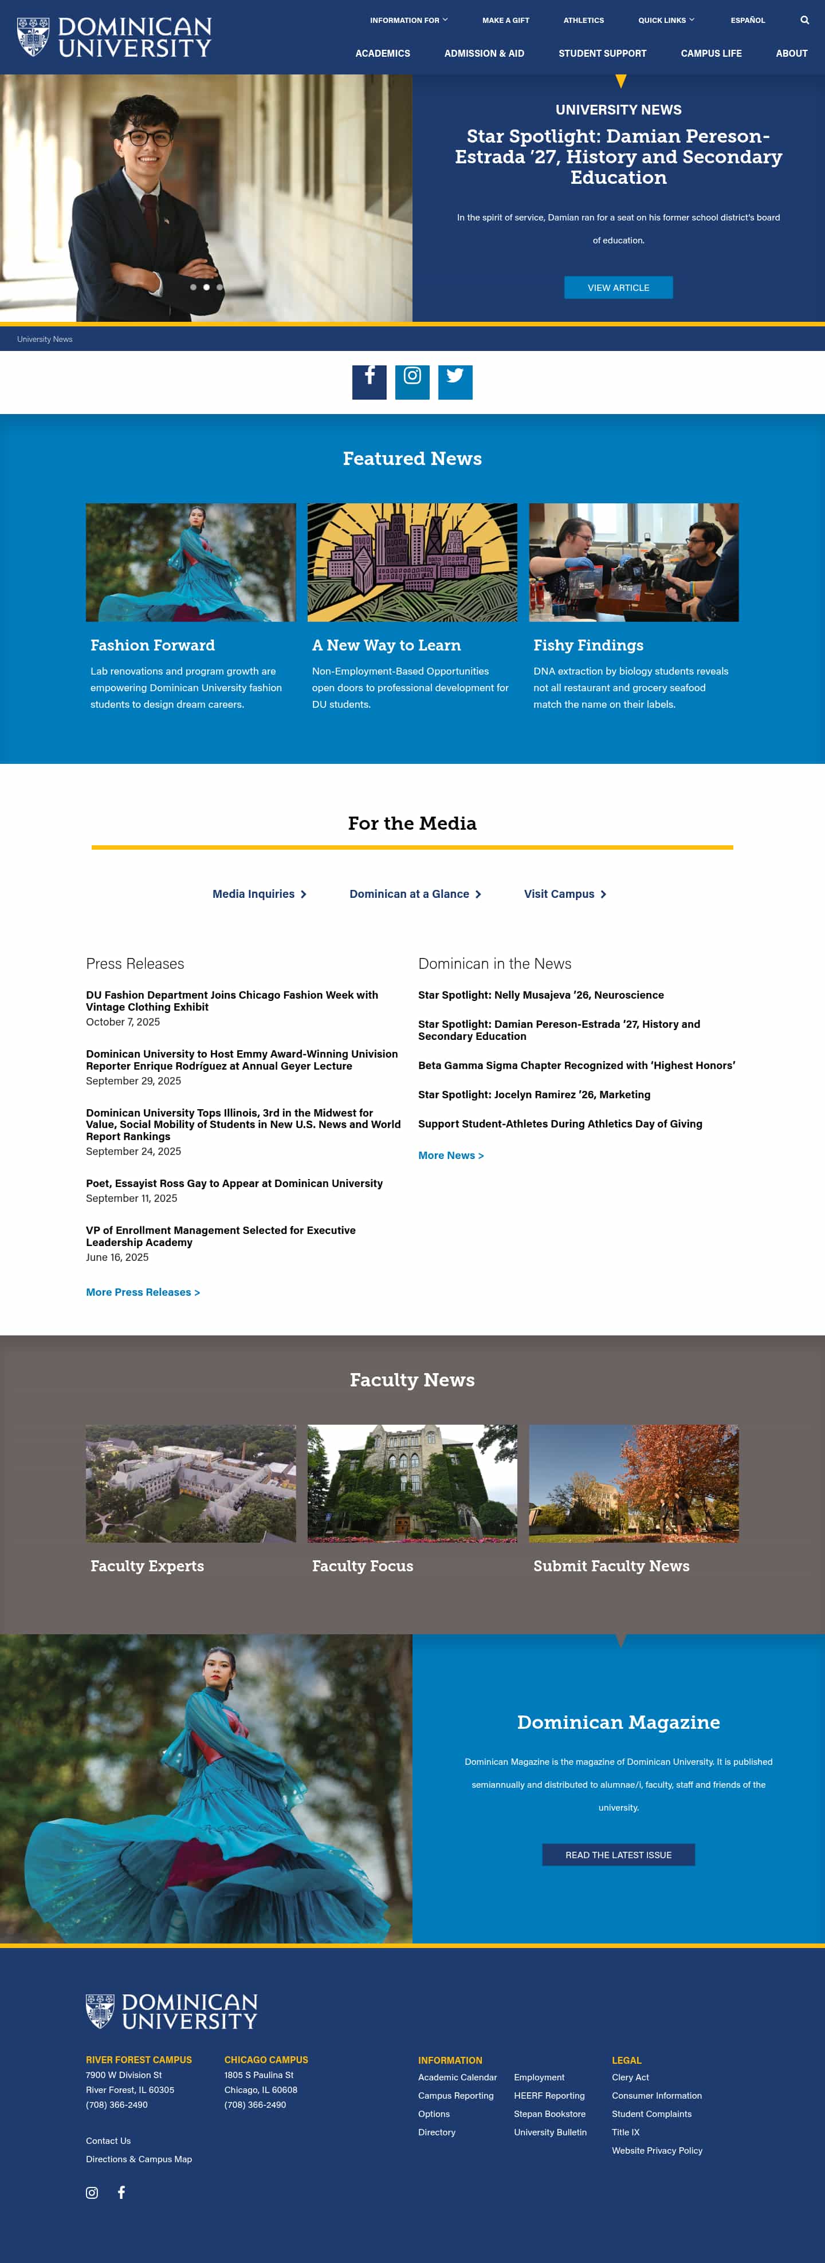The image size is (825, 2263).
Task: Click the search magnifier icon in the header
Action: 804,20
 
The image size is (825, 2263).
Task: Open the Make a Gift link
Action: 505,20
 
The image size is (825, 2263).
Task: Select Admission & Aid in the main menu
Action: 484,54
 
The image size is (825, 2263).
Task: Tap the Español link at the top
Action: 748,20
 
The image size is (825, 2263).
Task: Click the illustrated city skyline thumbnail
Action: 412,562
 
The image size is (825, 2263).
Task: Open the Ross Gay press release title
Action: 234,1184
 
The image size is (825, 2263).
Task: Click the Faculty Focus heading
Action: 362,1566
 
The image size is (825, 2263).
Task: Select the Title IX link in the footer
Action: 626,2132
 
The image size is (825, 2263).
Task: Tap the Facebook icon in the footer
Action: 121,2193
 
